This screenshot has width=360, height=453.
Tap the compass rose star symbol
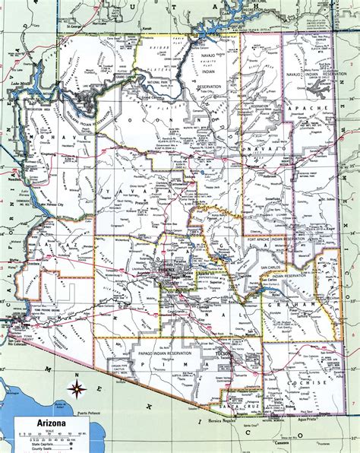click(76, 391)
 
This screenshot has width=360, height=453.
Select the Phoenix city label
click(164, 268)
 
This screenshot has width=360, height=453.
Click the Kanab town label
click(148, 32)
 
